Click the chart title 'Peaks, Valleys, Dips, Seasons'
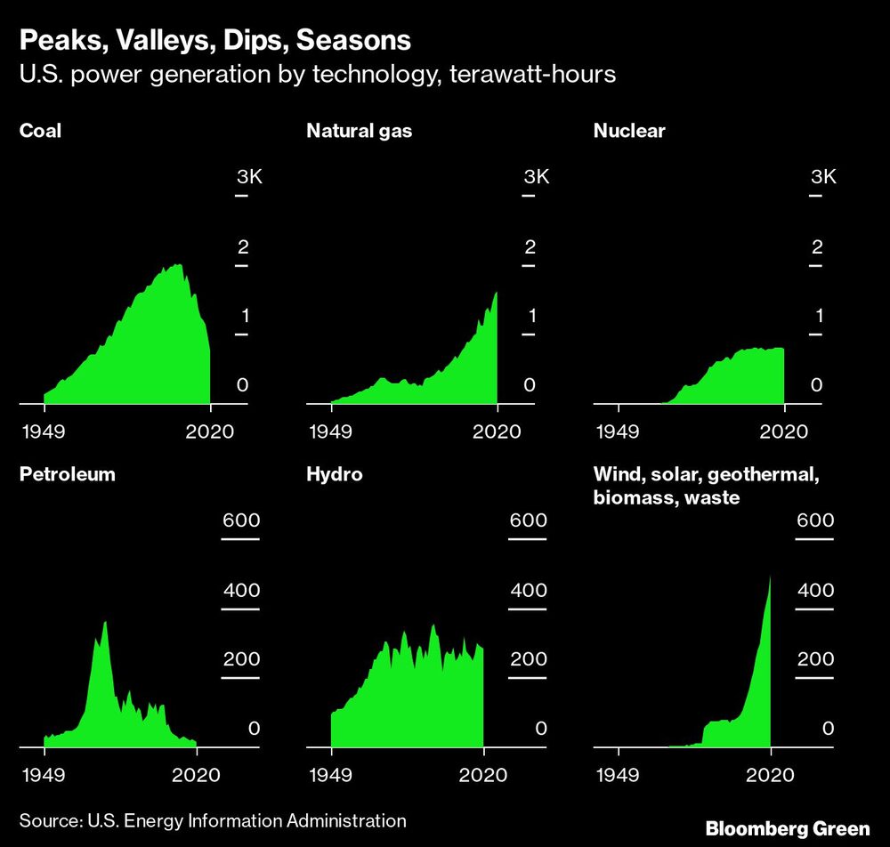(214, 40)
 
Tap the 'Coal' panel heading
(40, 132)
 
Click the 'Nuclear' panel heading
(629, 132)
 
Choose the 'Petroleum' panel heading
(68, 474)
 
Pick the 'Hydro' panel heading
(335, 474)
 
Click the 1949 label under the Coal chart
(44, 432)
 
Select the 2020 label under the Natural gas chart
(497, 432)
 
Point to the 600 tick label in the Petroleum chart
(240, 521)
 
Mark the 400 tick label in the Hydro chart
(528, 591)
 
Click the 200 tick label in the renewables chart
(815, 659)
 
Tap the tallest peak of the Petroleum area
(105, 623)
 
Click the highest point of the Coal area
(179, 265)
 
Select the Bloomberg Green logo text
(787, 828)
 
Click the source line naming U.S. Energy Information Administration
(213, 820)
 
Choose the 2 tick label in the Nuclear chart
(816, 246)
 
